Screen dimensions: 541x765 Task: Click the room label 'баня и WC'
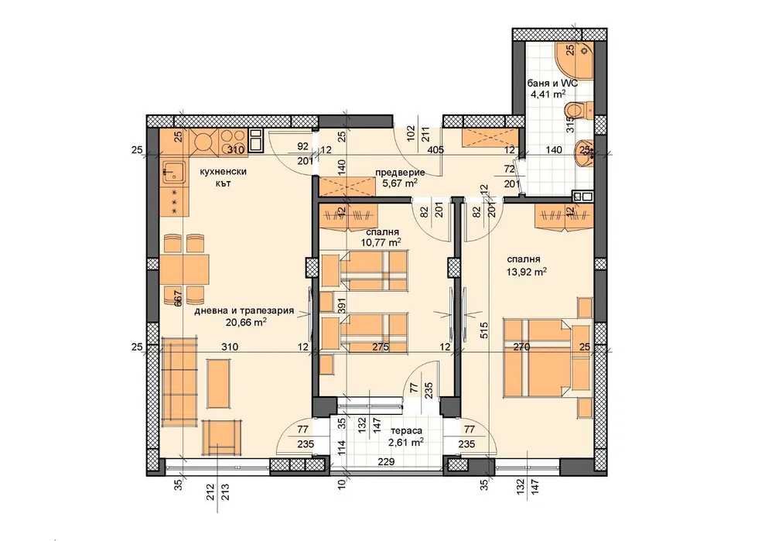552,83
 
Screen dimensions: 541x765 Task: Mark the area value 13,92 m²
528,272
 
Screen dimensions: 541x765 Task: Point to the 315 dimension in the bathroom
569,125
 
